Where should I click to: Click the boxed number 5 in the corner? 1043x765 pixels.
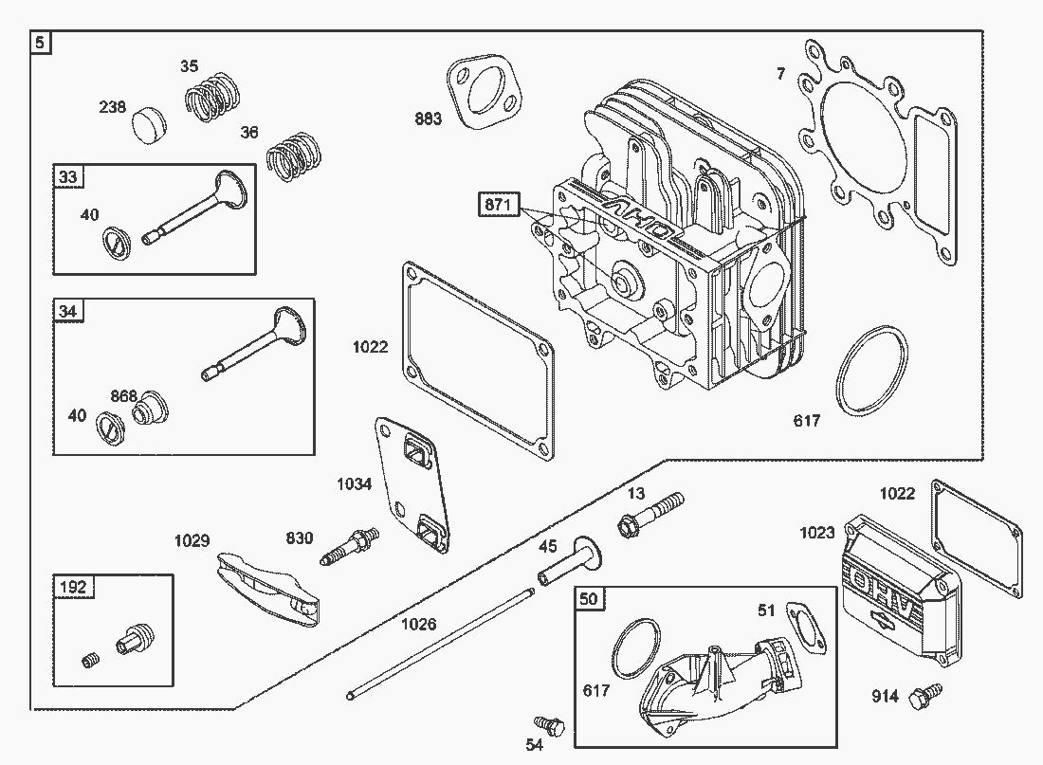point(40,43)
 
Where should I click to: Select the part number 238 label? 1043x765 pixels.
point(113,107)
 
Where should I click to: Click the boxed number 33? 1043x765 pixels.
point(68,176)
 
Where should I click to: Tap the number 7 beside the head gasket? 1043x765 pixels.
point(780,73)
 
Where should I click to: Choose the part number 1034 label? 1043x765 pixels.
point(355,484)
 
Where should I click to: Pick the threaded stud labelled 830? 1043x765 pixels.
point(346,549)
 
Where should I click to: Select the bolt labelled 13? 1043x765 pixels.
point(650,512)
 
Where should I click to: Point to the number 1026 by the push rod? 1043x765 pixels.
point(419,624)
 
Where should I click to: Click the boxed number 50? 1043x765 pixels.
point(589,598)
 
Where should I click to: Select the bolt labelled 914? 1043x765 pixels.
point(924,697)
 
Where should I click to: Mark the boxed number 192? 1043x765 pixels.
point(73,587)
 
